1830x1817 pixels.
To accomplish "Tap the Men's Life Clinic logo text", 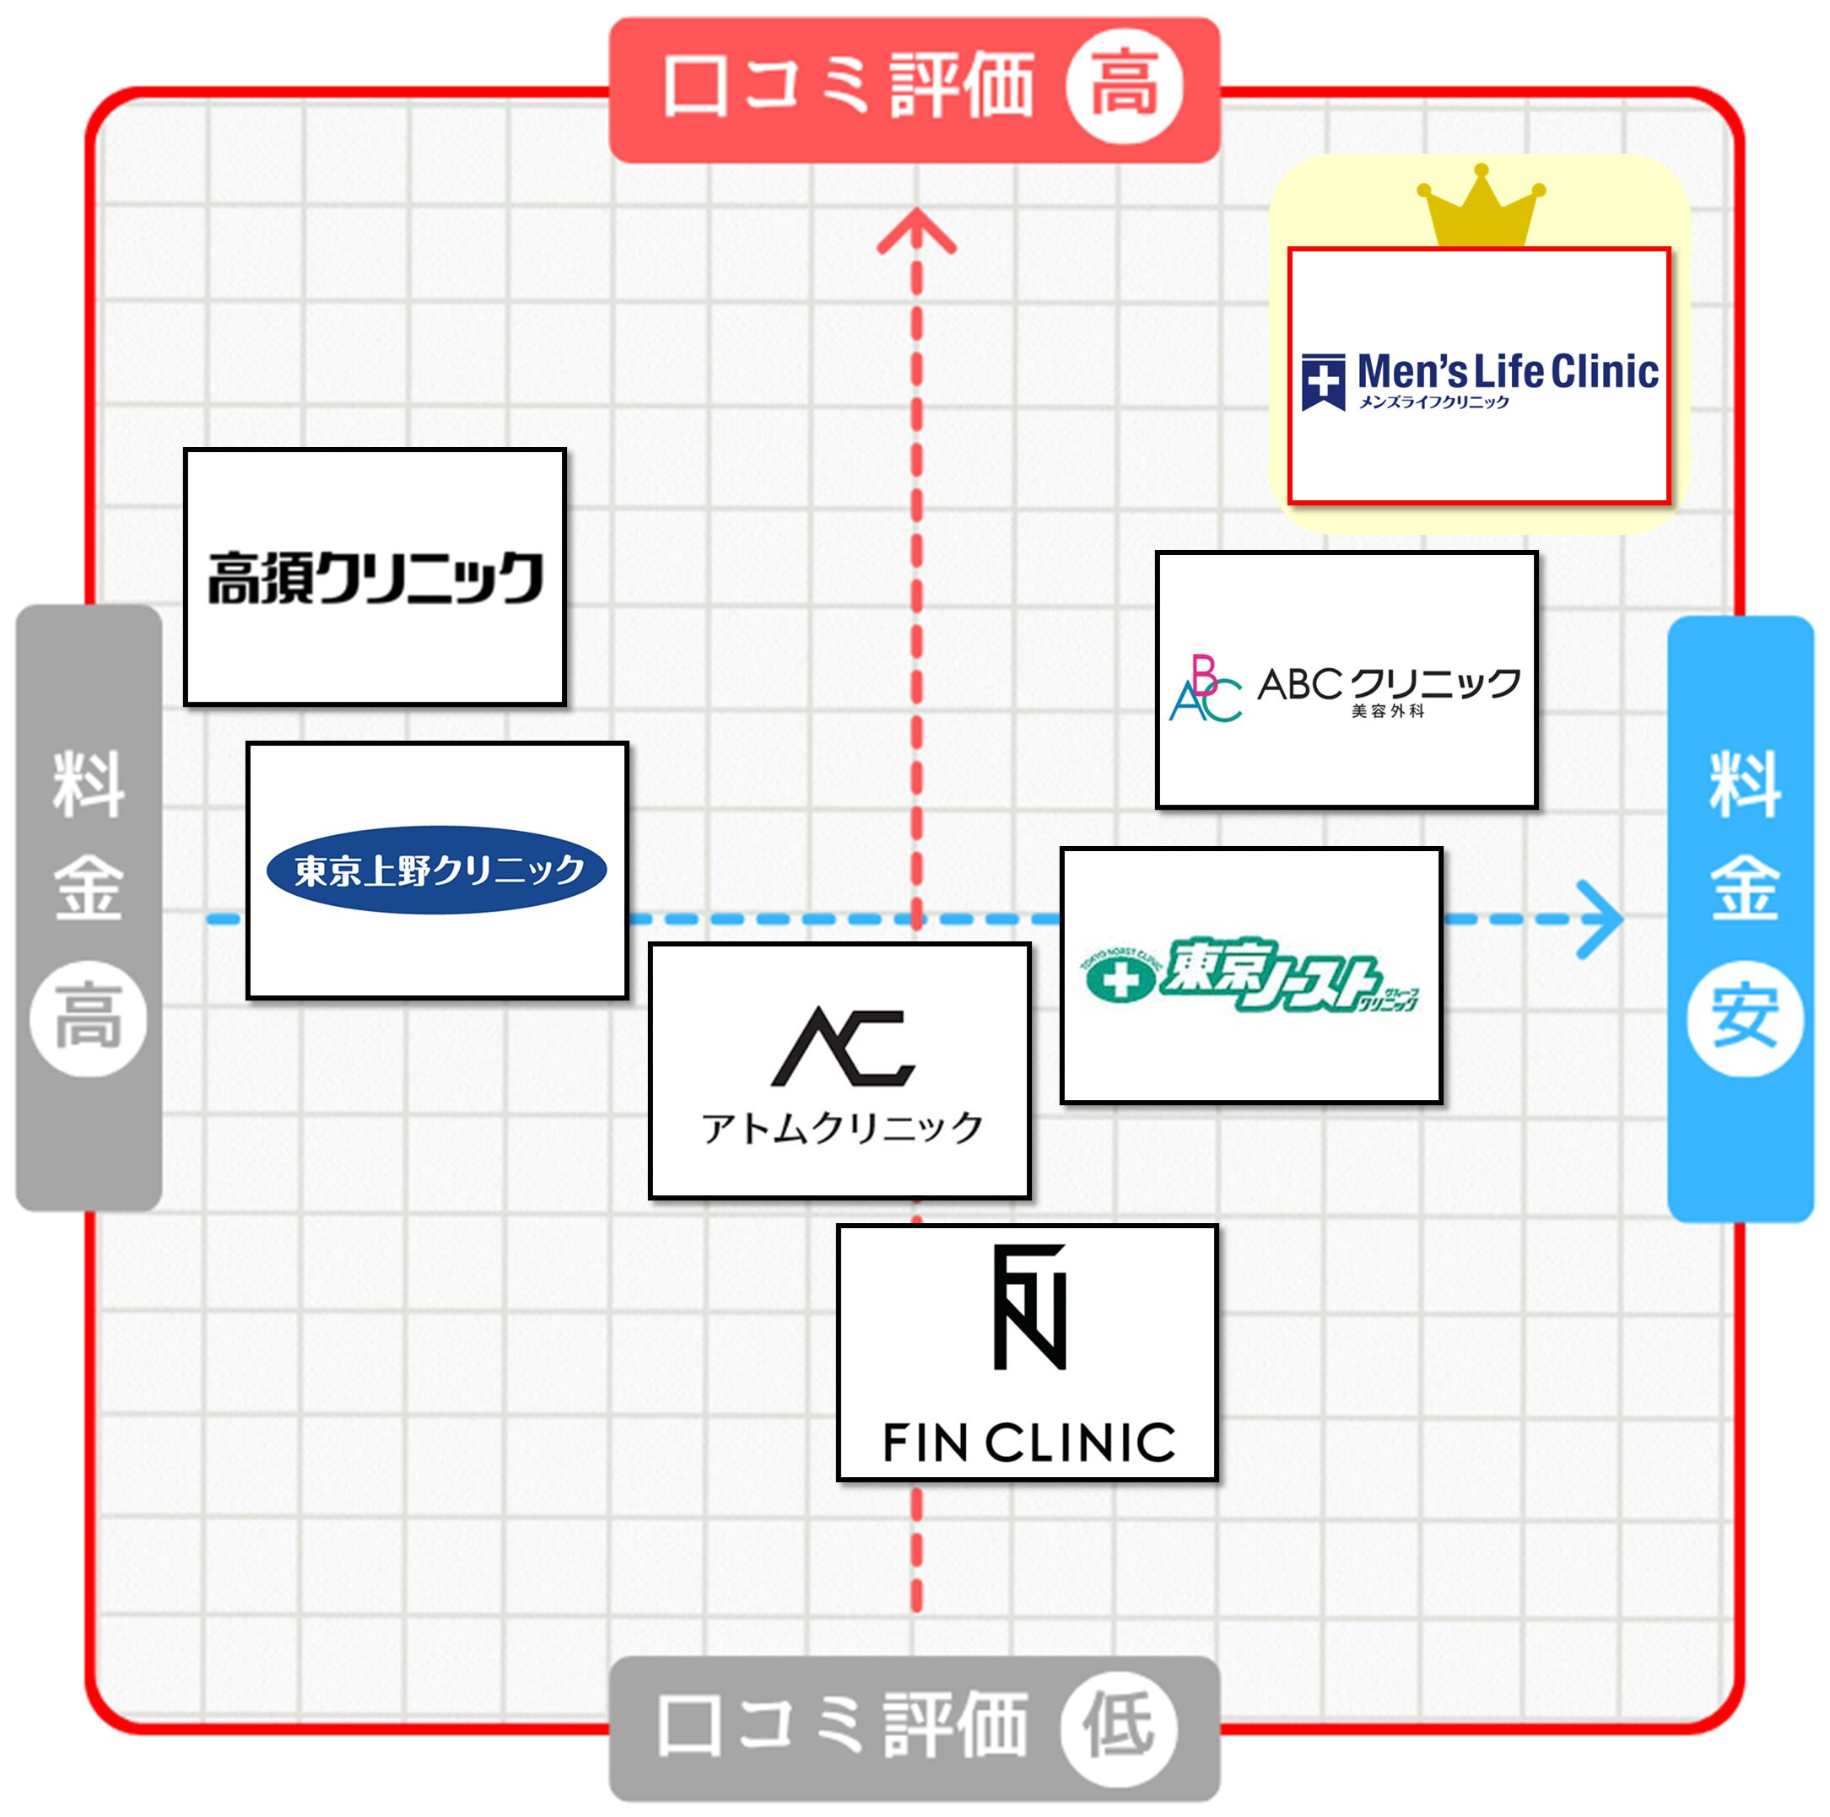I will pos(1507,372).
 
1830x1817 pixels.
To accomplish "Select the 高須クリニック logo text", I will pos(375,577).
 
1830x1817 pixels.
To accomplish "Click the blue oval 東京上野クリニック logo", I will pos(437,869).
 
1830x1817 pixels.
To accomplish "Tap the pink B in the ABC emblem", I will pos(1204,674).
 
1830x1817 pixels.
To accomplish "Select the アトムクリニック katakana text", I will pos(842,1128).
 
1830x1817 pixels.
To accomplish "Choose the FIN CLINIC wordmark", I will pos(1028,1442).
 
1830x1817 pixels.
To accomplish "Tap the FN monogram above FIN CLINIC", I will pos(1029,1307).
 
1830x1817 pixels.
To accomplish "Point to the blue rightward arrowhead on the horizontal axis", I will pos(1601,919).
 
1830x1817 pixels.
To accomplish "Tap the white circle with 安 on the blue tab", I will pos(1744,1018).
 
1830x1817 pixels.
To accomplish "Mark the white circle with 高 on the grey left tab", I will pos(88,1018).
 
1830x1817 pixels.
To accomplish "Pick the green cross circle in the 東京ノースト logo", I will pos(1120,981).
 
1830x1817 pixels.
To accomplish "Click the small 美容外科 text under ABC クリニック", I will pos(1388,711).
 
